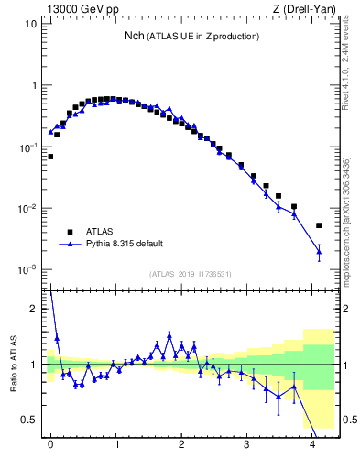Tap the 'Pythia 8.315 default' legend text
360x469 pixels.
(125, 244)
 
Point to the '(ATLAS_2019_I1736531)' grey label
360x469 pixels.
(191, 274)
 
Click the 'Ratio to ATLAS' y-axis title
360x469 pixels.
(13, 365)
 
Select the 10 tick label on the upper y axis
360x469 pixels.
(30, 24)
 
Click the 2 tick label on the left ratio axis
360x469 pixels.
(33, 310)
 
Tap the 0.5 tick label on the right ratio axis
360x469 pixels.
(349, 420)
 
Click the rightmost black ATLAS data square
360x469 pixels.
(319, 225)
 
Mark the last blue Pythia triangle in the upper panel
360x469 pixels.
(319, 250)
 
